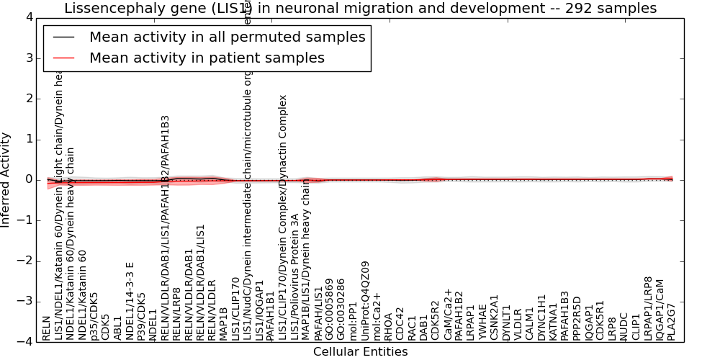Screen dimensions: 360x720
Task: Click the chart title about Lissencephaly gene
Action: (360, 9)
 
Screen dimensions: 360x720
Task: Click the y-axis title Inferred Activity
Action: (6, 180)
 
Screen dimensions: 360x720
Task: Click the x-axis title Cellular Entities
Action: (360, 352)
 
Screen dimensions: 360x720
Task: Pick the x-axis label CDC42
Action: (400, 324)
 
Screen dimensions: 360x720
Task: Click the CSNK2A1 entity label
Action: (494, 318)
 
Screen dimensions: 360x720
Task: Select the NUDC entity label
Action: (624, 325)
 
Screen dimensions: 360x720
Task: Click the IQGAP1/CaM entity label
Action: (660, 311)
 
